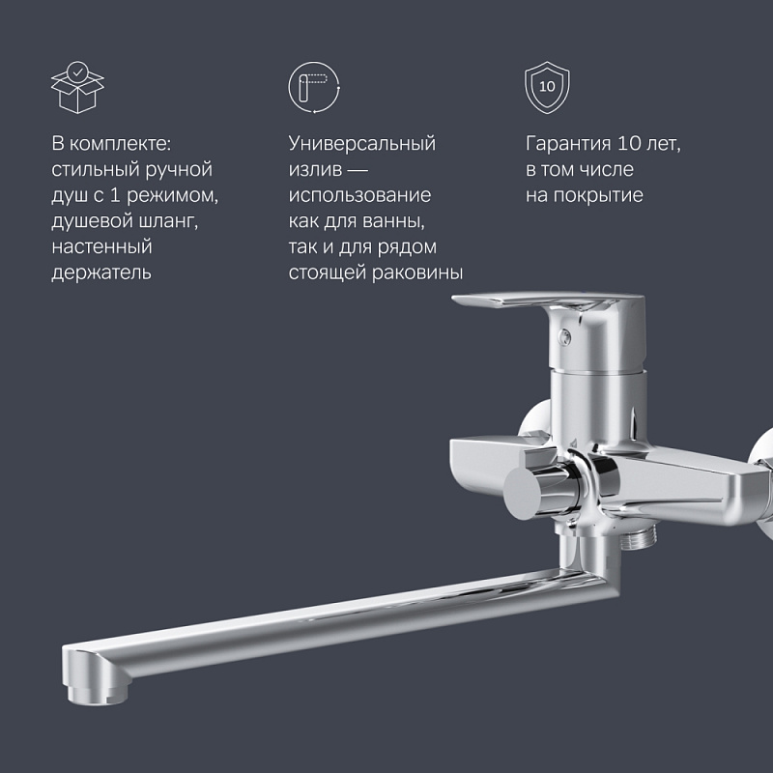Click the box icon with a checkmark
[76, 87]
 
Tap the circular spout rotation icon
[313, 87]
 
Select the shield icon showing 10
[547, 87]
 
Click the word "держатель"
[101, 273]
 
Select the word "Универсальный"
[362, 144]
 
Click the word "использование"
[359, 195]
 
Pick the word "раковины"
[421, 273]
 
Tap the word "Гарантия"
[567, 144]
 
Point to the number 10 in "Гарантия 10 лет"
[632, 144]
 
